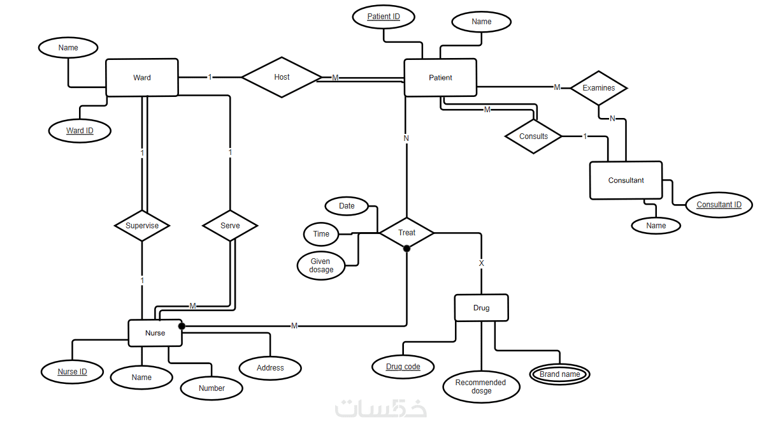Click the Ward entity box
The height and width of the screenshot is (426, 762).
141,78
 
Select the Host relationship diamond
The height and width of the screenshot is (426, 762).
282,77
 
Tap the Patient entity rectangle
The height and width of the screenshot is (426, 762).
440,78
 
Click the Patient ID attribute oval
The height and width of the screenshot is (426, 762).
384,17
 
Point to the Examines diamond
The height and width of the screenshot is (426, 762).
598,88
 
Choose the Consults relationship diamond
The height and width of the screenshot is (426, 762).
533,136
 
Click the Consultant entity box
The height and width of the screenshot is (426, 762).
626,180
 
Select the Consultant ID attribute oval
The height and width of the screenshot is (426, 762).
719,205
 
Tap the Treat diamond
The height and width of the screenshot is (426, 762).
406,233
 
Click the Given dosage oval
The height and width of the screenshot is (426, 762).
321,265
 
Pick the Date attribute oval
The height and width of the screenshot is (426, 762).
347,206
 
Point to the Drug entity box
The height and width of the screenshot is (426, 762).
481,308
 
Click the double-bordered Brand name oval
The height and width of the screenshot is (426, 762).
559,374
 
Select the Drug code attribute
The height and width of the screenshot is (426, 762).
403,367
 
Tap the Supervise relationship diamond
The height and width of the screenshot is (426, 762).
141,226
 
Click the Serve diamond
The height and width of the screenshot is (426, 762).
230,226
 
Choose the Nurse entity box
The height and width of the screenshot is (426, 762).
155,333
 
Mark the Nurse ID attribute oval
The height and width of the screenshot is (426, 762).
72,372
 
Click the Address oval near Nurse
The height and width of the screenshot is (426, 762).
270,367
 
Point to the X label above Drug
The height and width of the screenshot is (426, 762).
481,263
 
